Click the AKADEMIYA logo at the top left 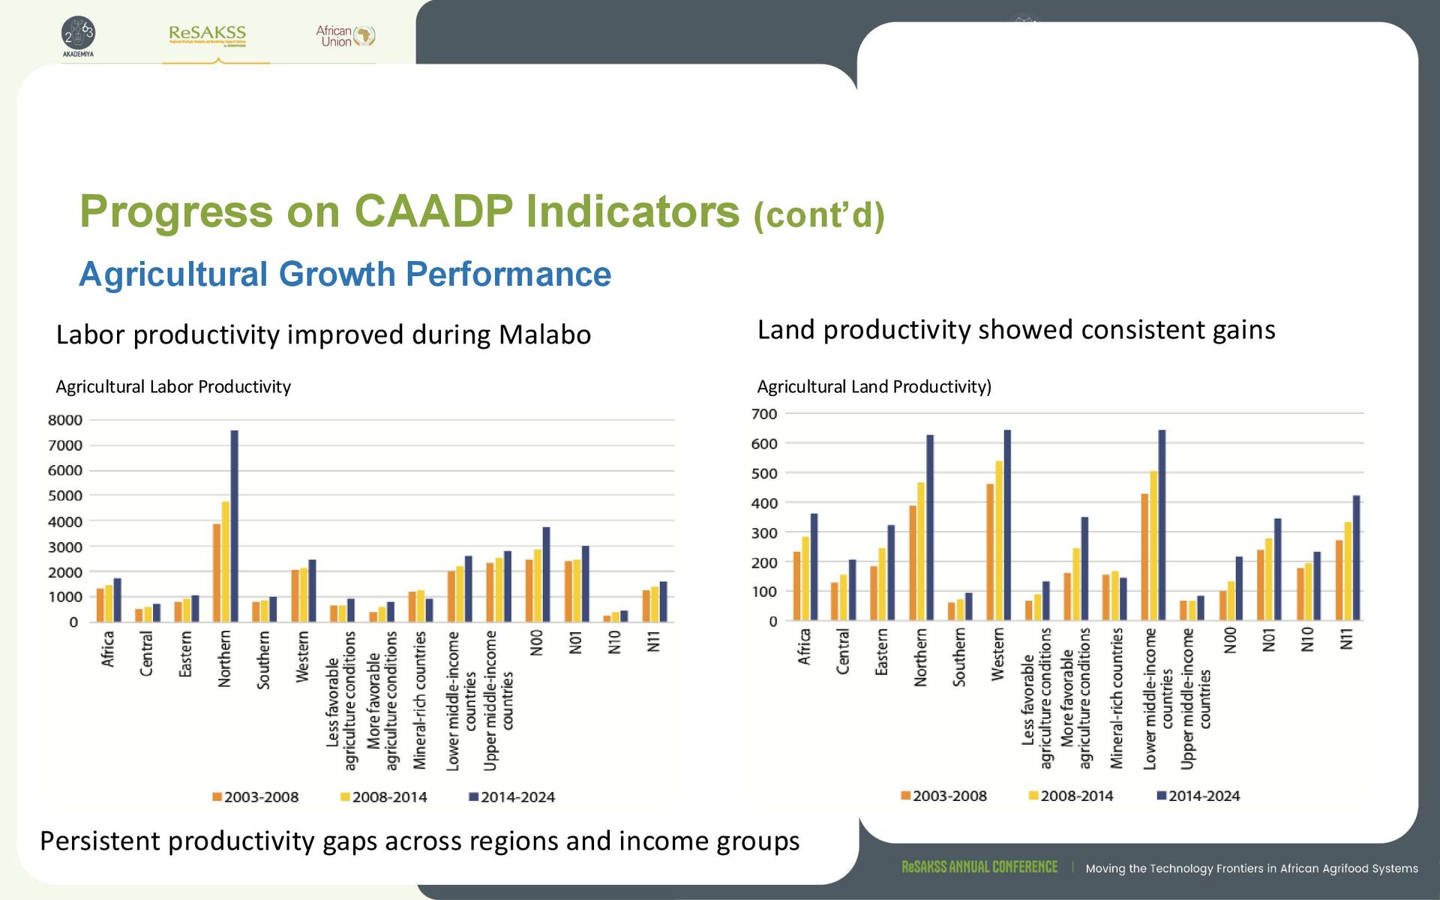point(78,36)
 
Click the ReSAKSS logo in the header point(207,34)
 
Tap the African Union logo point(345,35)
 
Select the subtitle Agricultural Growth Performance point(345,274)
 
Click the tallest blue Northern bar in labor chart point(234,525)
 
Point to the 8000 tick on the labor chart point(65,420)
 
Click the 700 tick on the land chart point(764,414)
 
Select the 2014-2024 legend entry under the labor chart point(511,797)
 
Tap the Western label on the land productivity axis point(997,655)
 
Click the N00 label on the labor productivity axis point(536,643)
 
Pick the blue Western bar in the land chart point(1007,525)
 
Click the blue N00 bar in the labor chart point(546,574)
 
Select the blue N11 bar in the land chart point(1356,558)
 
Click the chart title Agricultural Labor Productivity point(173,387)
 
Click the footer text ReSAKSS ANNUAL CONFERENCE point(979,867)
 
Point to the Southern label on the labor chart point(263,659)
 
